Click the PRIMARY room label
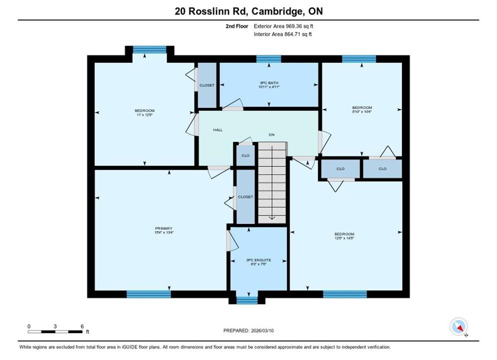(163, 228)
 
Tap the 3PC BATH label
(269, 82)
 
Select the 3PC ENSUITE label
(258, 260)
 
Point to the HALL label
(218, 130)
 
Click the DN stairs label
(271, 134)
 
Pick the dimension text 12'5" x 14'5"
(344, 238)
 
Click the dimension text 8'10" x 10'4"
(362, 111)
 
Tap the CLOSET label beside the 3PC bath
(207, 85)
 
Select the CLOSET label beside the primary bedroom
(245, 197)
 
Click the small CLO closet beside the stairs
(245, 155)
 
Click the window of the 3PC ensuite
(247, 300)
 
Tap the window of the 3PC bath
(268, 59)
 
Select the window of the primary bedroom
(148, 294)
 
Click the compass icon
(458, 326)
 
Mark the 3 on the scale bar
(55, 326)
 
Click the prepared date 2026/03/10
(262, 330)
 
